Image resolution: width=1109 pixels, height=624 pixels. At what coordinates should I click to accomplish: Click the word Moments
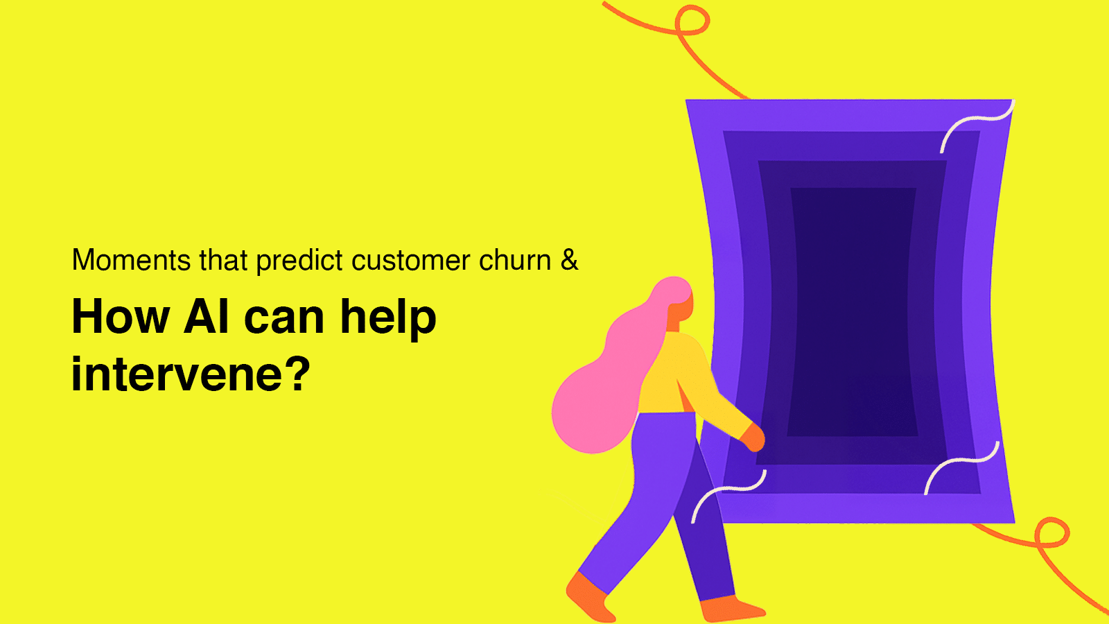pos(131,259)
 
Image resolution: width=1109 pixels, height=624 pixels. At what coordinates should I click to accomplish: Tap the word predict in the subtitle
pos(299,261)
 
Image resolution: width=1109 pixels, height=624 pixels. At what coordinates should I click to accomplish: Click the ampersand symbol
pos(569,259)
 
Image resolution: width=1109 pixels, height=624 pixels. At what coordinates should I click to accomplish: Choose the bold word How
pos(121,316)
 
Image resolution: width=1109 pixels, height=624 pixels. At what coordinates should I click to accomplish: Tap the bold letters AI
pos(207,316)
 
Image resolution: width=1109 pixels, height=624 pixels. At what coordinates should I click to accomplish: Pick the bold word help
pos(388,320)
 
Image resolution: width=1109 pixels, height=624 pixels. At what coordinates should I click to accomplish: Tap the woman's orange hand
pos(753,437)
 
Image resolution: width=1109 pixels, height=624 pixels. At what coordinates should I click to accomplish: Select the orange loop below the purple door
pos(1052,533)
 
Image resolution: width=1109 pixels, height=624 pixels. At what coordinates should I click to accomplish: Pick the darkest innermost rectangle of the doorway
pos(853,312)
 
